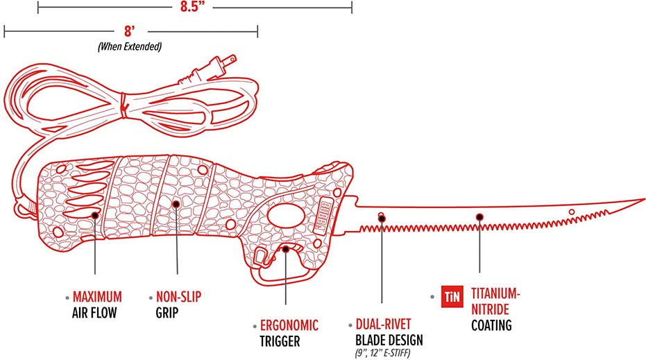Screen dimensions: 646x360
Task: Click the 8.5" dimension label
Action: point(192,7)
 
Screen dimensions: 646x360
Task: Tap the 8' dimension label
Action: point(130,31)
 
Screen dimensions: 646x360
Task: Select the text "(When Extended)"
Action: point(130,46)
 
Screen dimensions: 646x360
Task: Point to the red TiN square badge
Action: point(452,297)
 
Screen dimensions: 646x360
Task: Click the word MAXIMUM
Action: point(97,297)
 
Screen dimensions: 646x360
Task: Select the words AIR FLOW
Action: point(94,313)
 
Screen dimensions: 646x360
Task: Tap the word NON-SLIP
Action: point(178,297)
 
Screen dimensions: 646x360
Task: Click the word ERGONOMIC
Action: point(289,325)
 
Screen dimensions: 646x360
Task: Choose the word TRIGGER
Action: point(280,341)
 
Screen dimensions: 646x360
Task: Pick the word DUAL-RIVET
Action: point(384,324)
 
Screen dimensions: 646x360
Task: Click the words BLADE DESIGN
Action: point(389,340)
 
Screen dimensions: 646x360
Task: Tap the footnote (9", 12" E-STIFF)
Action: point(383,353)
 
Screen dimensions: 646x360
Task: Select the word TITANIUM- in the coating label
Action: point(496,294)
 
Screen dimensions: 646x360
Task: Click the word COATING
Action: point(491,325)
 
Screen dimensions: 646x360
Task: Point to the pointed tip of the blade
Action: point(643,199)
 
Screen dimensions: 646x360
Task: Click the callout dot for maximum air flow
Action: point(95,215)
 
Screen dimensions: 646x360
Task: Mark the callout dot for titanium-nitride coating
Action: point(479,217)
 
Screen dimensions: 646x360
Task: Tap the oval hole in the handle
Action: point(286,214)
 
